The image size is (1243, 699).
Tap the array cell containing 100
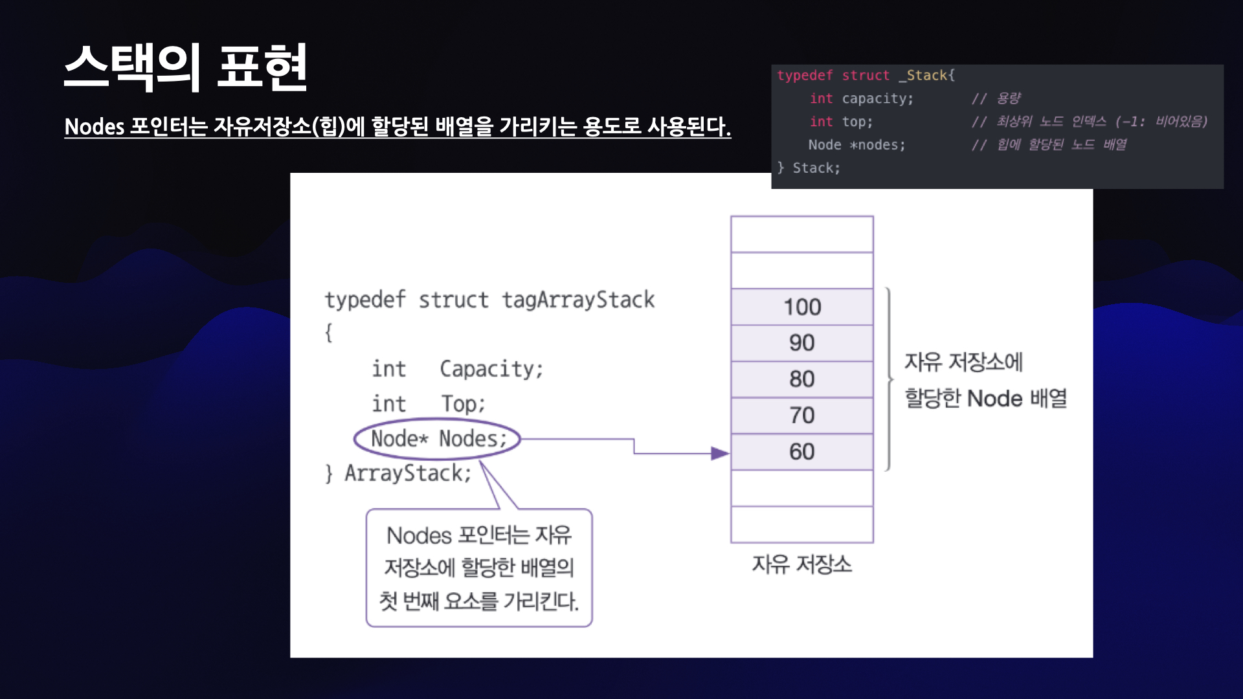coord(801,307)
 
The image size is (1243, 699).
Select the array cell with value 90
coord(801,343)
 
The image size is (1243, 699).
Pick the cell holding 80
coord(801,379)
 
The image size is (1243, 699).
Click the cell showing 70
coord(801,416)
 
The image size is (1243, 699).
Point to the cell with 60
coord(801,452)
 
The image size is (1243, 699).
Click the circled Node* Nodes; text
coord(438,439)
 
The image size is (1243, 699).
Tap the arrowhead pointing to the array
coord(720,453)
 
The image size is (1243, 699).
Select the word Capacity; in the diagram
coord(491,369)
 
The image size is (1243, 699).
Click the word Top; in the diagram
coord(463,404)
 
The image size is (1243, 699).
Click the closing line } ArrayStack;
coord(398,473)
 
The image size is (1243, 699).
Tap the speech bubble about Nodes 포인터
coord(479,568)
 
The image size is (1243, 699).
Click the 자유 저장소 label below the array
coord(801,564)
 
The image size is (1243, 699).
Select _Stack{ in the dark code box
coord(926,76)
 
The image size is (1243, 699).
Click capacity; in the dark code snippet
coord(877,99)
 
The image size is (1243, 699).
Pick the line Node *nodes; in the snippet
coord(857,145)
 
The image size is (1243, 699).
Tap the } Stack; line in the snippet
coord(809,168)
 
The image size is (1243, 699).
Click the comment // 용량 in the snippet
coord(996,99)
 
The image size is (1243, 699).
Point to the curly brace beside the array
coord(889,379)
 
